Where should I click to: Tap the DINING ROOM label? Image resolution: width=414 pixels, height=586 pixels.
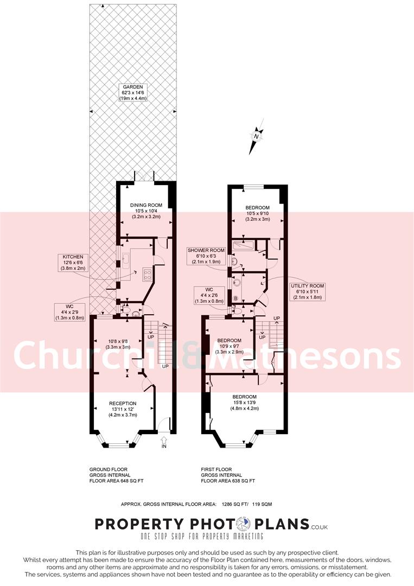click(144, 205)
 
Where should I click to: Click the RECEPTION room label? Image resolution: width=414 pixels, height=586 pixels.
click(122, 403)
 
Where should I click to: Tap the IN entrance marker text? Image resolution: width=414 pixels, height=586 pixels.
click(164, 447)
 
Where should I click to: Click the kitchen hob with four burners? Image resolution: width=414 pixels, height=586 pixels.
click(147, 275)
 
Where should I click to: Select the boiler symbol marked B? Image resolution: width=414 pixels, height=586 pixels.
click(235, 298)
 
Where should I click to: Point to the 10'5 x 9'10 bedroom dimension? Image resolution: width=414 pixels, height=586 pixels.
click(257, 213)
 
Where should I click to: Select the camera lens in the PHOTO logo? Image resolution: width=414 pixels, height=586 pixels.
click(245, 524)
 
